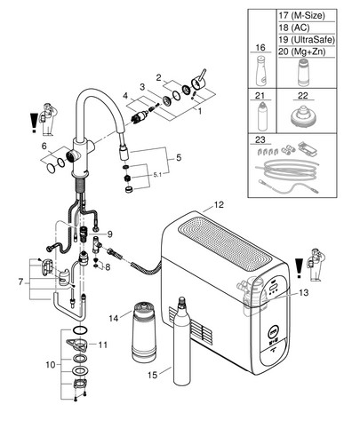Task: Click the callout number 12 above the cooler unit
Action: [219, 204]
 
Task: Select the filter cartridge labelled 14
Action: [144, 331]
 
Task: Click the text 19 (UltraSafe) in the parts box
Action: [307, 39]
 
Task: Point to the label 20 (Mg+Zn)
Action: [302, 52]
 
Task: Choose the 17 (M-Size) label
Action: [301, 15]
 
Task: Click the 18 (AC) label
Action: [294, 28]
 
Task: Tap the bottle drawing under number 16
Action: [260, 71]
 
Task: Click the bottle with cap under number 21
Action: [261, 116]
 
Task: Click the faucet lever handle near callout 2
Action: [199, 79]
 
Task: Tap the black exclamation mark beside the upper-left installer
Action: [34, 123]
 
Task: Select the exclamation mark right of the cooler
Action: [300, 268]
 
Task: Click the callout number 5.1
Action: [157, 175]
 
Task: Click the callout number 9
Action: [110, 234]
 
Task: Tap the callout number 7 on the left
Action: [20, 281]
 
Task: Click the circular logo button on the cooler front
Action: [274, 331]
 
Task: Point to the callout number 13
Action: [303, 293]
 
